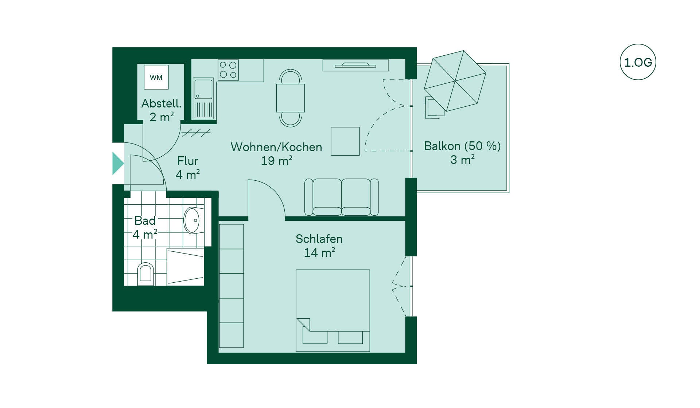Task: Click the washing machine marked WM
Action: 156,77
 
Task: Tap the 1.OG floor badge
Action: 638,62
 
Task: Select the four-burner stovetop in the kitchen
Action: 228,70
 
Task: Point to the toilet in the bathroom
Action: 145,274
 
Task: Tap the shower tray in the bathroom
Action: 185,267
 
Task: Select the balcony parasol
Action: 455,81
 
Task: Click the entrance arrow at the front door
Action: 118,164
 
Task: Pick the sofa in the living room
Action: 342,197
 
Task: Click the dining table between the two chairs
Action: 290,98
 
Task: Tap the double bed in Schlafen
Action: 333,311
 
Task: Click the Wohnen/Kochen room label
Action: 276,147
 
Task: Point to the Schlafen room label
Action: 319,239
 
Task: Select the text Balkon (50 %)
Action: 462,146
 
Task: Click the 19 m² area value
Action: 276,161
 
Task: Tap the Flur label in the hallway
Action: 188,161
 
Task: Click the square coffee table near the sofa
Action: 345,141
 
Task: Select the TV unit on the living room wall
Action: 355,65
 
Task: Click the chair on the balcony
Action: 435,108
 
